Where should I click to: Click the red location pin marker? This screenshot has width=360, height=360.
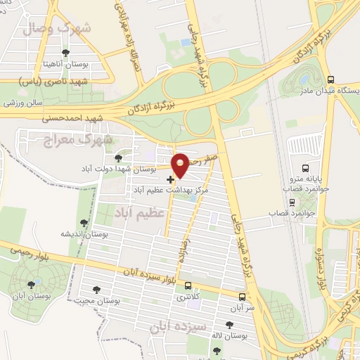coord(181,165)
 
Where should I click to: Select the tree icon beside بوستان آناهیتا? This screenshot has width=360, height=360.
coord(65,53)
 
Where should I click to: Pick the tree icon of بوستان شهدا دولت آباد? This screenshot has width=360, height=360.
coord(118,158)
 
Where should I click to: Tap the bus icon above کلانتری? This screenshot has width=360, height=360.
coord(187,285)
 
